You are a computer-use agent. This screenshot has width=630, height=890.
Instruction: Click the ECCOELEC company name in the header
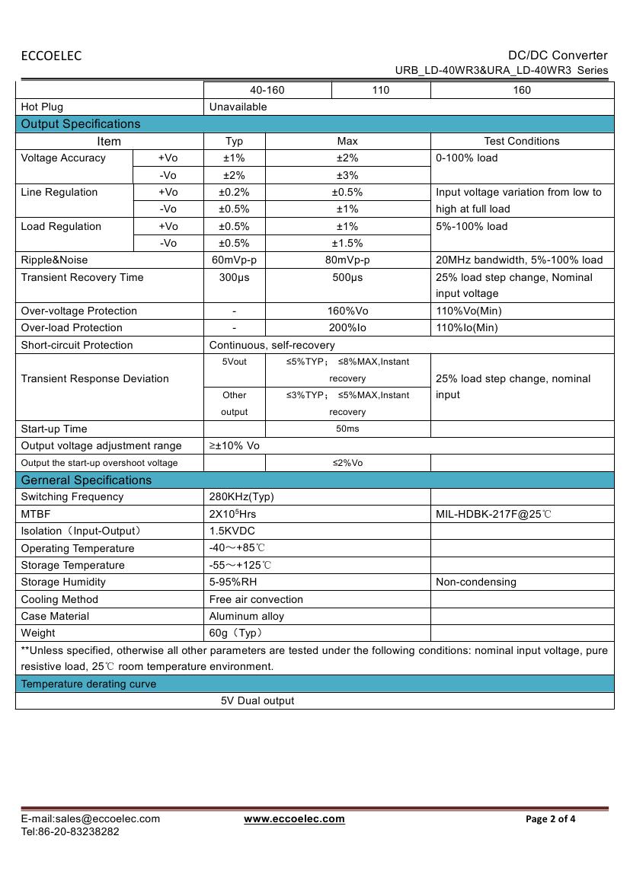tap(51, 56)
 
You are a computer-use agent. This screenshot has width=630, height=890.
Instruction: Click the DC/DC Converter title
tap(558, 55)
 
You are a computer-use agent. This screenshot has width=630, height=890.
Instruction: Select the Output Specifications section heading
tap(81, 124)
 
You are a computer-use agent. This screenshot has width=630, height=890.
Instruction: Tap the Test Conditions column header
tap(522, 141)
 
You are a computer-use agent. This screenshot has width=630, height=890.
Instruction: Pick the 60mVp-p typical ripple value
tap(234, 260)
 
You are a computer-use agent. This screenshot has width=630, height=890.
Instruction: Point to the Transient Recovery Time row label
tap(82, 277)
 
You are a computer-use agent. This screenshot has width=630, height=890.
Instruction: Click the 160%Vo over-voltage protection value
tap(347, 311)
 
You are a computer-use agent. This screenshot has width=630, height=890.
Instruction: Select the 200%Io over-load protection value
tap(347, 327)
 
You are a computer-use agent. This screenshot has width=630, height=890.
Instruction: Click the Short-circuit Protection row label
tap(77, 345)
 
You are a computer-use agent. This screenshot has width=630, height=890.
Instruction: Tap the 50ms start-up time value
tap(347, 429)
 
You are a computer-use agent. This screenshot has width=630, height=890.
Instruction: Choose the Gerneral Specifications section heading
tap(86, 480)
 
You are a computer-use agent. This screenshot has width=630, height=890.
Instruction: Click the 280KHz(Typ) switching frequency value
tap(241, 496)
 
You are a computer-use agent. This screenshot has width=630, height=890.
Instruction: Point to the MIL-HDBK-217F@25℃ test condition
tap(494, 514)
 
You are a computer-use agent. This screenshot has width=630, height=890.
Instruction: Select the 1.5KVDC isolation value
tap(232, 531)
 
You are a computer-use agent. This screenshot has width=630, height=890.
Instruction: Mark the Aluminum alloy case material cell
tap(247, 616)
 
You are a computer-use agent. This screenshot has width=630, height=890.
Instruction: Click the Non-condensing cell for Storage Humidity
tap(476, 582)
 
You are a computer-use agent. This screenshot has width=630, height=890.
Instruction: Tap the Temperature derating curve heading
tap(88, 684)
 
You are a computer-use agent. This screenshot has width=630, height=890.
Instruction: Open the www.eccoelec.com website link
tap(294, 818)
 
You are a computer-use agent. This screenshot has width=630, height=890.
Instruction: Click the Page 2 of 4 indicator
tap(551, 819)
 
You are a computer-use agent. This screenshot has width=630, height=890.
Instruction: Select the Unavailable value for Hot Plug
tap(238, 107)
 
